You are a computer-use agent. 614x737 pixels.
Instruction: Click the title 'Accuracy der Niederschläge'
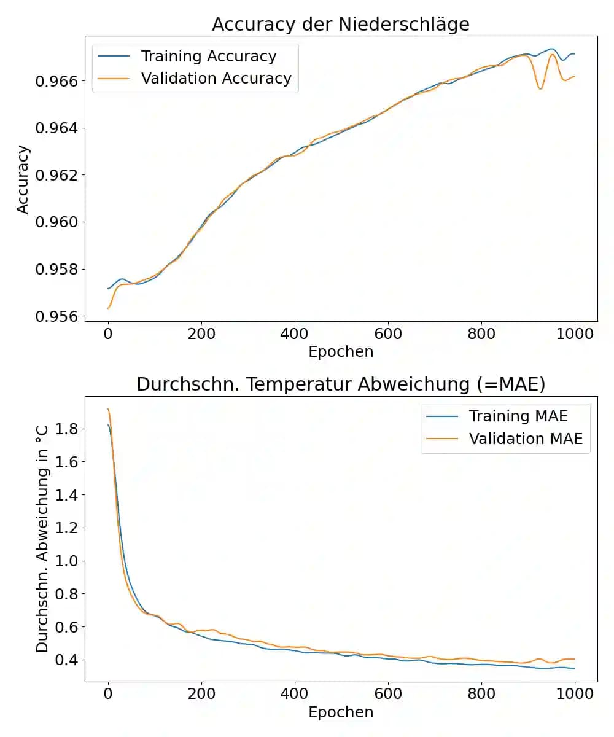click(x=340, y=24)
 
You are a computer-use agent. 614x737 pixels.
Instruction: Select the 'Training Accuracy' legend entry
click(x=209, y=57)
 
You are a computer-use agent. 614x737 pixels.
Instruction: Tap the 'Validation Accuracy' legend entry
click(x=216, y=79)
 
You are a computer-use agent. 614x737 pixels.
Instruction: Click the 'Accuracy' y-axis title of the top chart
click(x=23, y=179)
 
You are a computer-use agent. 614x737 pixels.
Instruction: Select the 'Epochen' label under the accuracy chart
click(x=341, y=352)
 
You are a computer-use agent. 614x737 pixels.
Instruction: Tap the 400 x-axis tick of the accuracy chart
click(x=295, y=334)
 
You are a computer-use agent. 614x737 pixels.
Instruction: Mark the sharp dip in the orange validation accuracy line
click(x=540, y=89)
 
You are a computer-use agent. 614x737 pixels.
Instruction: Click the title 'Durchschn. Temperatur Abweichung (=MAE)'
click(x=341, y=384)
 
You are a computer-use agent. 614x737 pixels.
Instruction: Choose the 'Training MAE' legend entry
click(x=518, y=416)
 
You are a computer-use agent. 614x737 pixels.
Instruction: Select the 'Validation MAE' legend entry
click(x=526, y=439)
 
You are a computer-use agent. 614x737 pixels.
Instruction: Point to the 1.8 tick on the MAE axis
click(x=67, y=429)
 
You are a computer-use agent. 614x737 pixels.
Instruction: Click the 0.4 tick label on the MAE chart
click(x=67, y=660)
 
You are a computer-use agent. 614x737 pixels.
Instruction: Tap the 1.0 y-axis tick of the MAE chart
click(x=67, y=561)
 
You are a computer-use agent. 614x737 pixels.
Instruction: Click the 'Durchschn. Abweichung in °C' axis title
click(x=42, y=540)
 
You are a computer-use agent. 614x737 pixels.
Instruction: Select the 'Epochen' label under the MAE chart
click(x=341, y=712)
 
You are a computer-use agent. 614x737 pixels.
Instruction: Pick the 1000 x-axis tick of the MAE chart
click(x=574, y=695)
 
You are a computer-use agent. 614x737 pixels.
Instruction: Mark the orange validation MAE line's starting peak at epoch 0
click(x=108, y=409)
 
